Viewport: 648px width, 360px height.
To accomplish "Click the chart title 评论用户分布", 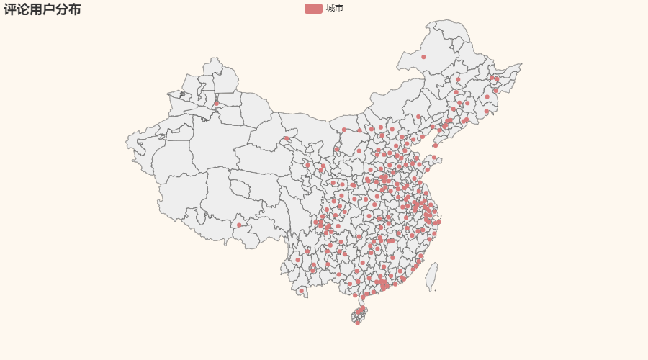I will click(x=42, y=9).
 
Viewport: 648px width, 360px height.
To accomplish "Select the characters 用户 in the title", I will click(x=42, y=9).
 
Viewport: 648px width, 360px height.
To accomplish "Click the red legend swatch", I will click(x=313, y=9).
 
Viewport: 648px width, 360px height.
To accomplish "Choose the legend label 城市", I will click(x=334, y=9).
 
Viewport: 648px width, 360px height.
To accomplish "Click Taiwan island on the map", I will click(x=432, y=275).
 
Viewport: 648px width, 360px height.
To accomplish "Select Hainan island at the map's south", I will click(x=359, y=315).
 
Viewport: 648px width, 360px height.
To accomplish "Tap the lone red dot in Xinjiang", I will click(x=216, y=103).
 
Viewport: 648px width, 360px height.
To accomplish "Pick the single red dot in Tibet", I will click(x=239, y=225).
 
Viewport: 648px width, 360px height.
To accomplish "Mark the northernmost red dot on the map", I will click(x=423, y=57).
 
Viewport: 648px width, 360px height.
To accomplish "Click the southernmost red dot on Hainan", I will click(x=357, y=323).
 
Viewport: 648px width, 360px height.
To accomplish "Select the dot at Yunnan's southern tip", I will click(x=302, y=291).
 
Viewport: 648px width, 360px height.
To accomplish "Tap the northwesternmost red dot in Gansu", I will click(x=286, y=138).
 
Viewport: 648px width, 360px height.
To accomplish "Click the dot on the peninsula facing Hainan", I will click(x=355, y=295).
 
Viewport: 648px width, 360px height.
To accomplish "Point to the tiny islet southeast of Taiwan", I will click(x=436, y=290).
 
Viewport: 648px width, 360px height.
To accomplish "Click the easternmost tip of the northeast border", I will click(x=521, y=65).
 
